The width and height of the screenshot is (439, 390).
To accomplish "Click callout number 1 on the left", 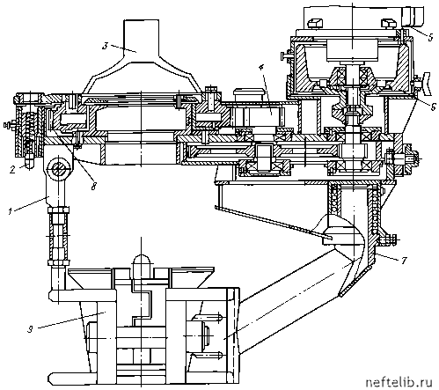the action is click(x=11, y=210).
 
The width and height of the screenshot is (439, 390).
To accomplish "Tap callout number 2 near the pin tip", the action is click(x=12, y=170).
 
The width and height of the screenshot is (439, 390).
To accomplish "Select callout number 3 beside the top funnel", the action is click(x=106, y=46).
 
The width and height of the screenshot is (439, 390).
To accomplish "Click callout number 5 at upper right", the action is click(x=430, y=37).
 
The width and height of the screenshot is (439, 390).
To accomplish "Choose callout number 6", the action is click(x=433, y=107).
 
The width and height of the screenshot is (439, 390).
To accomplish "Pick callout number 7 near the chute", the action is click(x=404, y=260).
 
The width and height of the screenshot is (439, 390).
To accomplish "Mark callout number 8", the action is click(x=94, y=186).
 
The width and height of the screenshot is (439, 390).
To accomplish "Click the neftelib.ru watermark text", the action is click(x=399, y=382).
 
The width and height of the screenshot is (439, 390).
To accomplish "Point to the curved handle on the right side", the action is click(x=427, y=84).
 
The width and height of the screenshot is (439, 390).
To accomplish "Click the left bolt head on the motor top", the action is click(x=315, y=24).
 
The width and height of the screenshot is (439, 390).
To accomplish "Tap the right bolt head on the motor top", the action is click(x=390, y=24).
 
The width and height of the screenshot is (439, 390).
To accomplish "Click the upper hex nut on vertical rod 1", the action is click(x=59, y=210).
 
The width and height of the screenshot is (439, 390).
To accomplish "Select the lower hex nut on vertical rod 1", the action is click(x=59, y=261).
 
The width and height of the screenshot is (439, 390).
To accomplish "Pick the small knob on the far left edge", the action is click(x=8, y=125).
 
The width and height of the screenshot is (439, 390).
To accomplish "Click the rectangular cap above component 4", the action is click(x=248, y=92).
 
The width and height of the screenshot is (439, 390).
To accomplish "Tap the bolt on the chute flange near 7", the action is click(x=388, y=239).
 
